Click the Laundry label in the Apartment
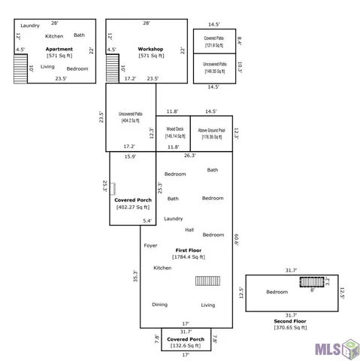pos(30,26)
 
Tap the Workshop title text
pos(150,49)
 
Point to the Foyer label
pos(150,244)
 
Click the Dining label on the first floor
pos(160,305)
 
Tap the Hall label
pos(189,230)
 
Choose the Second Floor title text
pos(291,321)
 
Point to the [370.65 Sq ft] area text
pos(291,328)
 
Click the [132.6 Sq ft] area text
pos(186,346)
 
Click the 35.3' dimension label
pos(136,278)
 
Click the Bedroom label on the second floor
pos(277,292)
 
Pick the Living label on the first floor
pos(208,305)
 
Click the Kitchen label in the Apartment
pos(54,36)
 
